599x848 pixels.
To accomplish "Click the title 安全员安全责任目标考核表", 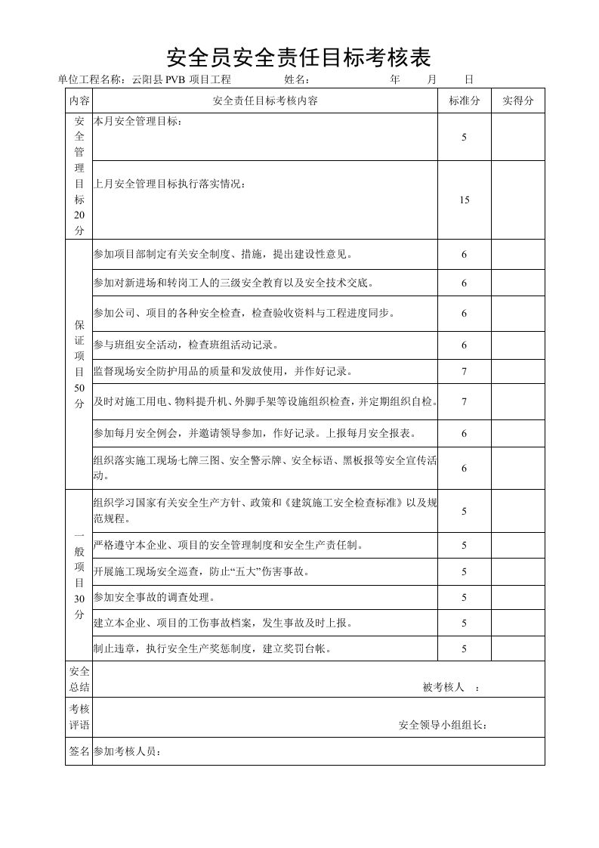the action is (x=298, y=57).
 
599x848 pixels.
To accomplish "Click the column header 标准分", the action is (x=465, y=101).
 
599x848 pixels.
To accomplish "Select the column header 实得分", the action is (x=518, y=101).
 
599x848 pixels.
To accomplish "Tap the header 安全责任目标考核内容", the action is (x=265, y=101).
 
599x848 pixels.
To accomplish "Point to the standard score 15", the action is (x=465, y=200).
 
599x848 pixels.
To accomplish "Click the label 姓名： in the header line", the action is (x=296, y=79).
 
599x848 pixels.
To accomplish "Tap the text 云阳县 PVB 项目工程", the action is (x=181, y=79).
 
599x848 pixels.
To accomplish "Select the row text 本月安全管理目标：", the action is (x=137, y=121).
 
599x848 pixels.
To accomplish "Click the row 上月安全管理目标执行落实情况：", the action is (x=169, y=184).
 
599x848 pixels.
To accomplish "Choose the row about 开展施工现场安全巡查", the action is (x=201, y=571).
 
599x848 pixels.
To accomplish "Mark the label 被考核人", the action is (x=443, y=687).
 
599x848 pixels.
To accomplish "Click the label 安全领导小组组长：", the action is (x=443, y=726).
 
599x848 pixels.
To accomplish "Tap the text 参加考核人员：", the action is (x=128, y=751).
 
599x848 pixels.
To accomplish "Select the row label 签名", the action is (x=79, y=751).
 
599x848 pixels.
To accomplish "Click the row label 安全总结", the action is (x=79, y=679).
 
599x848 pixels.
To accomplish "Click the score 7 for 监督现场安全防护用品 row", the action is (x=465, y=372).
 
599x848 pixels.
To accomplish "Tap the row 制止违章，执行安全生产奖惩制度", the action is (x=212, y=648).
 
